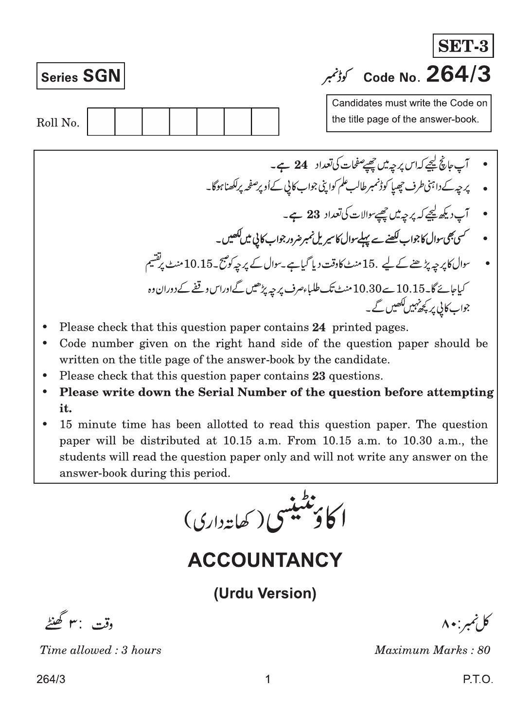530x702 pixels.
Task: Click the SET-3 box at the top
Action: coord(462,46)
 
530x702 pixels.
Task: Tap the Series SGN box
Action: coord(80,76)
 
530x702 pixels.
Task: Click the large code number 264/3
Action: coord(458,75)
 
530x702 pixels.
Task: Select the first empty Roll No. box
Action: coord(101,122)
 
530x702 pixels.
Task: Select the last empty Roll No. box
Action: coord(265,122)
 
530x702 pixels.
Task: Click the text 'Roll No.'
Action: coord(58,123)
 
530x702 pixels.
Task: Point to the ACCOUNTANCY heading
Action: coord(265,560)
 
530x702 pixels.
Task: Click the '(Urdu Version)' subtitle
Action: coord(265,593)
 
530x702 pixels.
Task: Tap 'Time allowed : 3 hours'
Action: coord(101,650)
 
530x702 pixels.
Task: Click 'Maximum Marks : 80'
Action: coord(432,650)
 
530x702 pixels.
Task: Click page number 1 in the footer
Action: coord(267,680)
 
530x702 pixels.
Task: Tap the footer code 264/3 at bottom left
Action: coord(50,680)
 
